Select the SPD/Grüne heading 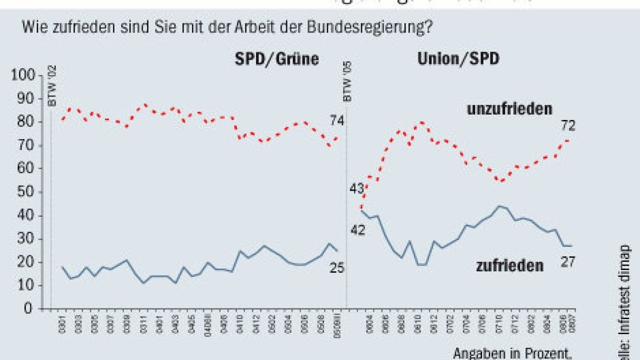click(x=277, y=59)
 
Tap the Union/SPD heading click(x=457, y=59)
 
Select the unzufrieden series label click(x=509, y=110)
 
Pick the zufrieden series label click(x=509, y=265)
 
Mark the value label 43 click(x=356, y=188)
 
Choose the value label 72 click(x=569, y=126)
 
